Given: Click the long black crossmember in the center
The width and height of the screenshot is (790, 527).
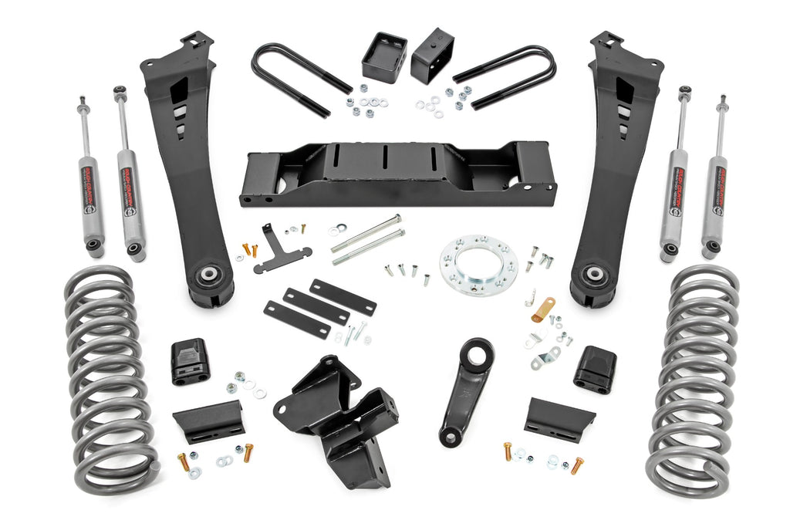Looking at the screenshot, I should [397, 174].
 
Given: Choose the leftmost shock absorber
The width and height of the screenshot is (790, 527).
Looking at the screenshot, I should [89, 185].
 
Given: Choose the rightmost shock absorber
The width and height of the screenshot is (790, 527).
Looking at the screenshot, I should [714, 185].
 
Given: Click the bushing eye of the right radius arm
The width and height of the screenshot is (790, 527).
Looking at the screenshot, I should [593, 275].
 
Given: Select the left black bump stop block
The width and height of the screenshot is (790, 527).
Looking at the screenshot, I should [189, 360].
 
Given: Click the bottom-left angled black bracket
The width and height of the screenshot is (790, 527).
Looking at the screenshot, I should [209, 421].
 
